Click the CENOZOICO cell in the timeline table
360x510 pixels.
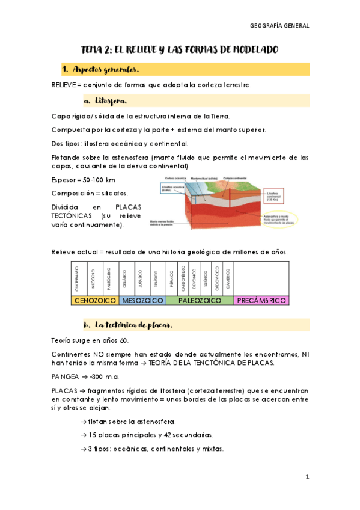pyautogui.click(x=95, y=300)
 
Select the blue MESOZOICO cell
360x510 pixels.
pyautogui.click(x=143, y=300)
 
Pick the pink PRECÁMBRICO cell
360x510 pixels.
pyautogui.click(x=261, y=300)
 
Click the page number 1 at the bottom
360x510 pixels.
pyautogui.click(x=307, y=477)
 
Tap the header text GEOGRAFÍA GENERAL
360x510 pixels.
pyautogui.click(x=279, y=26)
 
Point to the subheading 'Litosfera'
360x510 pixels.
pyautogui.click(x=109, y=100)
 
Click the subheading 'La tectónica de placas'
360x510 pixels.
pyautogui.click(x=133, y=325)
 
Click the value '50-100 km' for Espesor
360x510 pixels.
pyautogui.click(x=100, y=179)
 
